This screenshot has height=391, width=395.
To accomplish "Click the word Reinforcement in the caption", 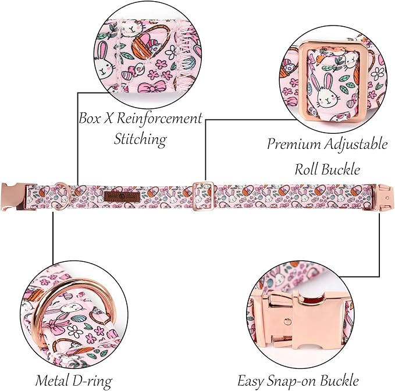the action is pos(159,118).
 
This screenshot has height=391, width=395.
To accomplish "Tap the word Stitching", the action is pos(140,139).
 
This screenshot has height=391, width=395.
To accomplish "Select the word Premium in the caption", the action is pos(293,144).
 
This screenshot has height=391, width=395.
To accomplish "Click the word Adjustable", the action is pos(355,144).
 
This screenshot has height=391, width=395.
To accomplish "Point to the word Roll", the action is pos(307,169).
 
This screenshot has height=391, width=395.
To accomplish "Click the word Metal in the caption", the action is pos(52,381).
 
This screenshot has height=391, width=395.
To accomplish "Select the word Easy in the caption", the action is pos(251,381).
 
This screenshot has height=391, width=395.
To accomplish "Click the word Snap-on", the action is pos(293,381).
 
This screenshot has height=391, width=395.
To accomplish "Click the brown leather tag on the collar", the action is pos(122,197).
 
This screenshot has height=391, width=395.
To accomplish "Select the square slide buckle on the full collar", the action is pos(203,196).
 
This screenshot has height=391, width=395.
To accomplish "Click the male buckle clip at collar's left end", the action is pos(15,197).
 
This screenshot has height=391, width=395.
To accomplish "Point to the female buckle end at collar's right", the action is pos(381,197).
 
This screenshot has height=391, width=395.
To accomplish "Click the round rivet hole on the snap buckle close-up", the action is pos(287,321).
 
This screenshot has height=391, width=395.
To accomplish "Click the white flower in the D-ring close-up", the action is pos(75,332).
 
